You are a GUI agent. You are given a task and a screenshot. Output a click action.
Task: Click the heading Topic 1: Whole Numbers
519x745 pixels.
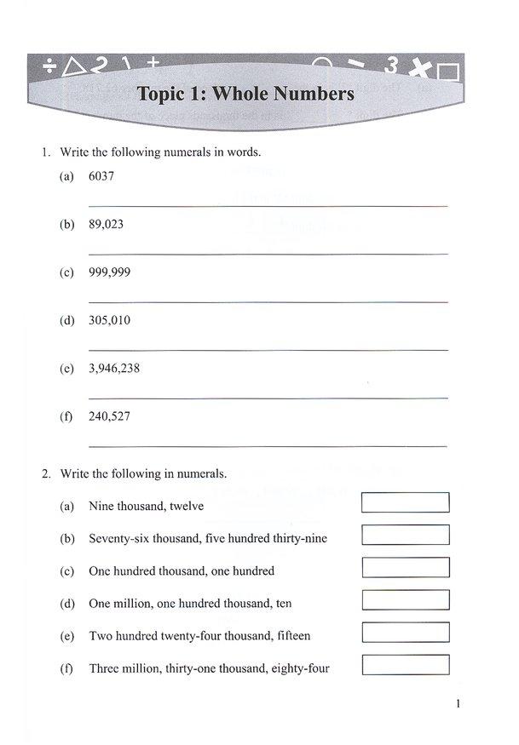(x=245, y=93)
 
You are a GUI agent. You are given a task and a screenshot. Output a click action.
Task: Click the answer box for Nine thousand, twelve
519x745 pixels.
(x=406, y=502)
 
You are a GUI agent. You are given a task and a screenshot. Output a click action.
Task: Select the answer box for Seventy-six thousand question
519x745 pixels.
(x=406, y=536)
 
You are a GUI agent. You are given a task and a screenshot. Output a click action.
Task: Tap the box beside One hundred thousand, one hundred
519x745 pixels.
(x=406, y=568)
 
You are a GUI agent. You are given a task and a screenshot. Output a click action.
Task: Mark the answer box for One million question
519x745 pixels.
(x=406, y=600)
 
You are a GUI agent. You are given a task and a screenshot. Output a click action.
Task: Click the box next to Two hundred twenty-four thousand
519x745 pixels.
(x=406, y=633)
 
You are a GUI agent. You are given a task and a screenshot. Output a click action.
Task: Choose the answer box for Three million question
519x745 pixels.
(x=406, y=665)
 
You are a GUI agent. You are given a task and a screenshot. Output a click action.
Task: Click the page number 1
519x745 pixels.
(x=458, y=704)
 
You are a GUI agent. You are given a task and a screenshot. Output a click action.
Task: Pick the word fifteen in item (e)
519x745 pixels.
(x=290, y=636)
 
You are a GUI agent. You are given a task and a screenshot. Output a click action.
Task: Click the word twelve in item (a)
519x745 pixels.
(x=187, y=506)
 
